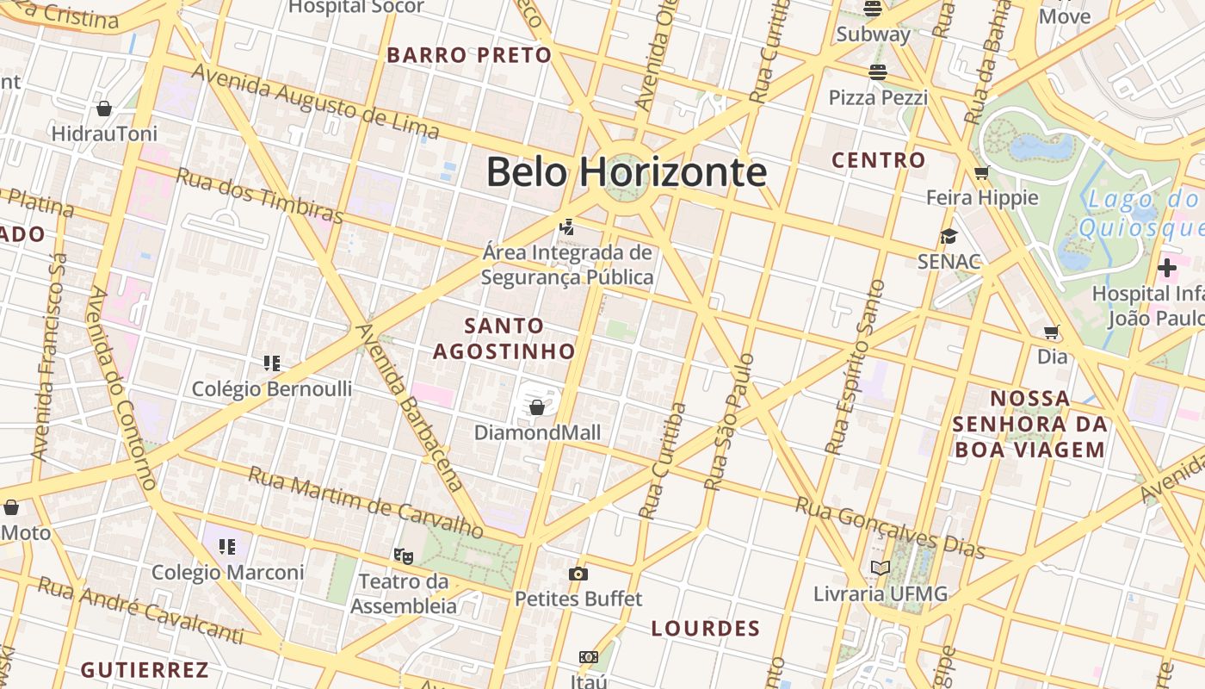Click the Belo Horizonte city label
(626, 172)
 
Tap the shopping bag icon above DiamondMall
(537, 407)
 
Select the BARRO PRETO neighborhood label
(469, 55)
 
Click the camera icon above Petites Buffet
(578, 574)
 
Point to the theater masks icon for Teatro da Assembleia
(403, 556)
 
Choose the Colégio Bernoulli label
(272, 388)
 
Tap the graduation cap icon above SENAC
(949, 236)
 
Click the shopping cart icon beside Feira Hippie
(981, 173)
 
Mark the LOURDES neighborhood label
(706, 628)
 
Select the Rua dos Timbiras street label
(260, 196)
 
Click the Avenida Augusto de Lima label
(315, 102)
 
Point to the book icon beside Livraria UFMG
(880, 568)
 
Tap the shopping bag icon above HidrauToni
(104, 109)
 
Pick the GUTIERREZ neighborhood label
(145, 669)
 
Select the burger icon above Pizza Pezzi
(877, 72)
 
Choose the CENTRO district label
(879, 160)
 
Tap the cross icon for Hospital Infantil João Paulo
(1167, 268)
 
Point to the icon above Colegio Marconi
(227, 546)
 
